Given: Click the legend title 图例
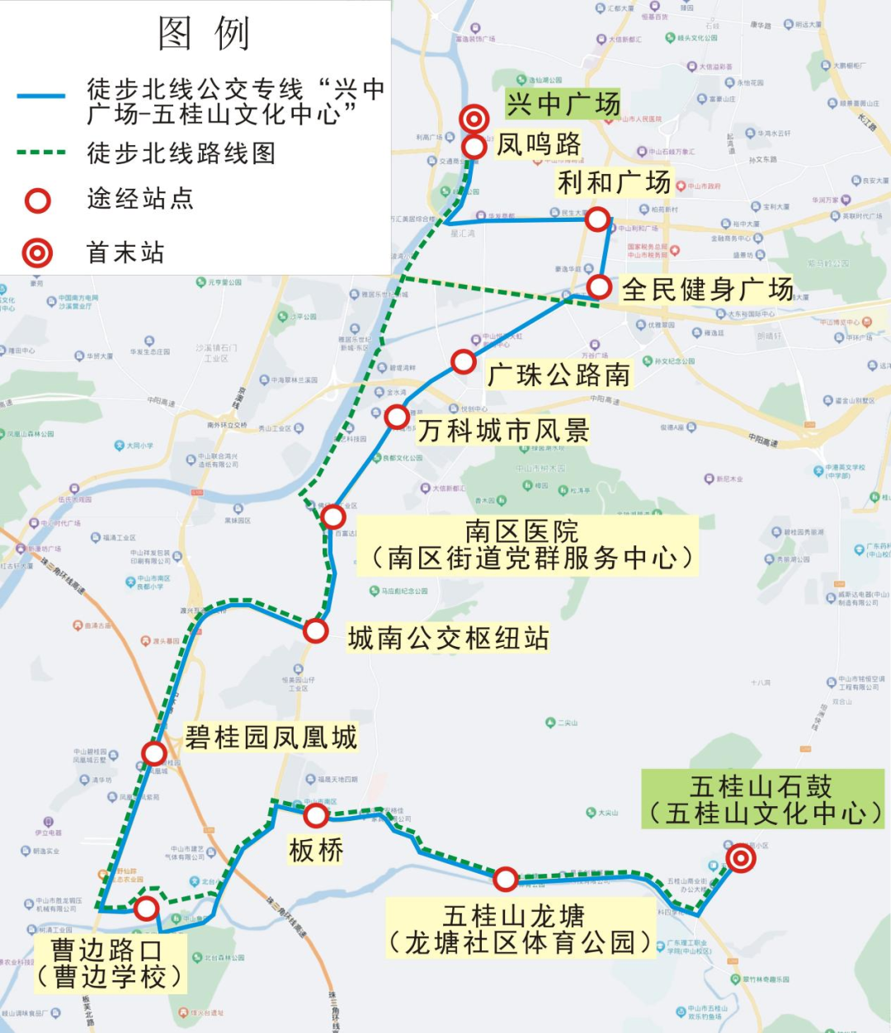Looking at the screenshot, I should coord(203,34).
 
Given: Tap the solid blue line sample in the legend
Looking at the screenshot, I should coord(41,97).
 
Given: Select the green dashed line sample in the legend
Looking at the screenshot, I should coord(41,153).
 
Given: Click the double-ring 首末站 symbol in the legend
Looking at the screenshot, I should coord(37,252).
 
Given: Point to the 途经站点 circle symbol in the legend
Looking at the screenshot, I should coord(37,200).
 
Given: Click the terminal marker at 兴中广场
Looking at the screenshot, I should coord(474,119).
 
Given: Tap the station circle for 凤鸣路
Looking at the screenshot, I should coord(474,147).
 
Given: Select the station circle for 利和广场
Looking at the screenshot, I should coord(597,219).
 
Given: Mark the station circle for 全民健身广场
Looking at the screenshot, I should coord(599,287).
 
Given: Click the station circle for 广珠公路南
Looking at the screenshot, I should coord(464,361).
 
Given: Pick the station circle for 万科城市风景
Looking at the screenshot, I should coord(397,417).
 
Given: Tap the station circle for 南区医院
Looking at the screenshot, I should coord(332,516).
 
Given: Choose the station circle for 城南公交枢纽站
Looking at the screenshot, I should coord(315,630).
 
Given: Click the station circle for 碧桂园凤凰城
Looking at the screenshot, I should coord(153,752).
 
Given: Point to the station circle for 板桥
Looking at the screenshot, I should coord(316,816).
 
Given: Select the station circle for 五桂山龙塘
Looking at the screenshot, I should coord(506,879).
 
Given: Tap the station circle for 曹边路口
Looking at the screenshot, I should coord(146,908).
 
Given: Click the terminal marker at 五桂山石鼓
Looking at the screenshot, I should coord(741,859).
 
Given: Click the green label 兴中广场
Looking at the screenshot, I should coord(563,105).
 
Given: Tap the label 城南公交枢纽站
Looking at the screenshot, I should coord(448,638).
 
